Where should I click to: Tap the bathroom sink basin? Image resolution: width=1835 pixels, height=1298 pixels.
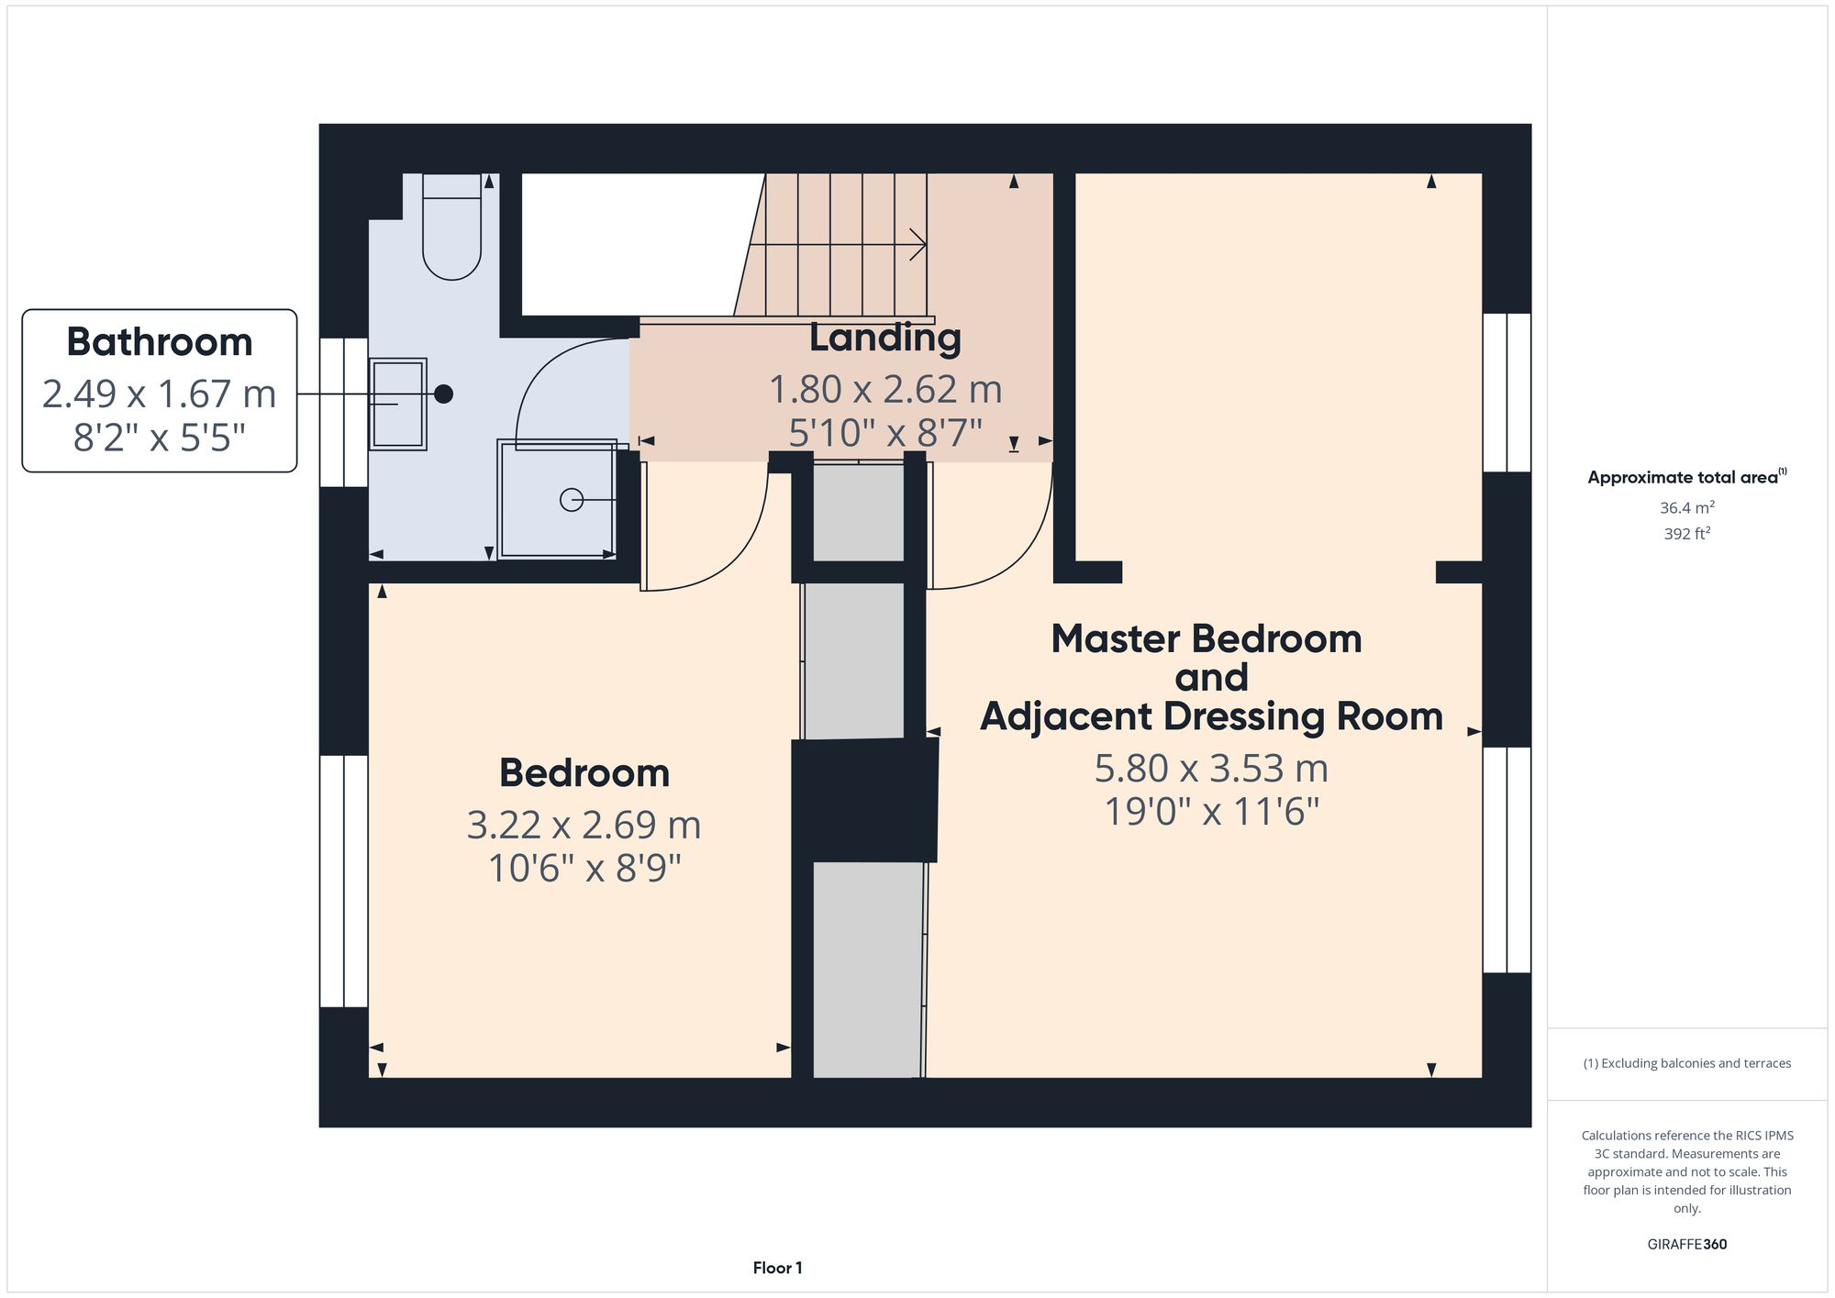[398, 404]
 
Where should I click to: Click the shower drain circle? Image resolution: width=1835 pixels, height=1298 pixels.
[572, 500]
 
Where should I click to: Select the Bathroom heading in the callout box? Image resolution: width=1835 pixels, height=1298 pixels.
[160, 342]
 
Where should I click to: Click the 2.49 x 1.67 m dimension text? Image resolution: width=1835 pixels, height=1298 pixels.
[160, 394]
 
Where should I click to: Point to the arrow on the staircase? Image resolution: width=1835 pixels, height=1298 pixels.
[916, 245]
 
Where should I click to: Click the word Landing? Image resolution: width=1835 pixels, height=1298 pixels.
[884, 338]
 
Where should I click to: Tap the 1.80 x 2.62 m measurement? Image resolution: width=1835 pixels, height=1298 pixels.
[884, 389]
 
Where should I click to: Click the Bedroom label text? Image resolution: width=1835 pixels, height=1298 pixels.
[584, 773]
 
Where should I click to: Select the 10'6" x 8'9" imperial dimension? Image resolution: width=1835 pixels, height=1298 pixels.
[584, 868]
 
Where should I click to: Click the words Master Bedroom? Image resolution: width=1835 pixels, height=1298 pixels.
[1206, 638]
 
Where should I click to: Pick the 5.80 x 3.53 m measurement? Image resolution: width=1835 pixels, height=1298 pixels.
[1211, 768]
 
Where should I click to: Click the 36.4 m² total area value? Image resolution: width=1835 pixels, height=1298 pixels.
[1686, 507]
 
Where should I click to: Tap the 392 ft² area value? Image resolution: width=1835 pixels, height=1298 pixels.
[1686, 533]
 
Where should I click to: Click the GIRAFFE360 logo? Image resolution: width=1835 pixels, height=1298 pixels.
[1686, 1244]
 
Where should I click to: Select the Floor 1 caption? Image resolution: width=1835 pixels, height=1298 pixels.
[777, 1268]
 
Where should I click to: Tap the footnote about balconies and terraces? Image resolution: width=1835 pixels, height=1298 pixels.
[1686, 1063]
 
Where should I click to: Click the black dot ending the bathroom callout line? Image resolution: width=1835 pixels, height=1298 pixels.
[443, 394]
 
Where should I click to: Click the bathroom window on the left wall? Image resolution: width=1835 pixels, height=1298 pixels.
[344, 412]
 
